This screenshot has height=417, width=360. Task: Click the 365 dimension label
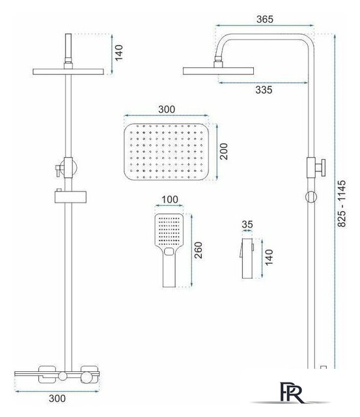pyautogui.click(x=264, y=19)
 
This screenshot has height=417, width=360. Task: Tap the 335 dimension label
pyautogui.click(x=264, y=90)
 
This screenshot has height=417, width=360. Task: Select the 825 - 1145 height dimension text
pyautogui.click(x=342, y=204)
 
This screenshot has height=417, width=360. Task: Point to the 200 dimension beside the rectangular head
pyautogui.click(x=224, y=151)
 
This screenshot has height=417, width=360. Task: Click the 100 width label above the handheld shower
pyautogui.click(x=170, y=199)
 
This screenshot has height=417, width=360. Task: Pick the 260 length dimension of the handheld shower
pyautogui.click(x=198, y=250)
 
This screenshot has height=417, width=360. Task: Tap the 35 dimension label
pyautogui.click(x=247, y=224)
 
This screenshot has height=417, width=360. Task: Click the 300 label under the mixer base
pyautogui.click(x=57, y=398)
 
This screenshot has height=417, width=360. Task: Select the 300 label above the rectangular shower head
pyautogui.click(x=167, y=109)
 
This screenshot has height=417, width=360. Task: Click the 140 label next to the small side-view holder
pyautogui.click(x=269, y=257)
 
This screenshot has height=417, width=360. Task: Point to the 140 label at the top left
pyautogui.click(x=118, y=53)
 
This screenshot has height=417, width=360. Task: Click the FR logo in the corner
pyautogui.click(x=291, y=393)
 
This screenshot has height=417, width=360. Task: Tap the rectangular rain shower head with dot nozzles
pyautogui.click(x=167, y=152)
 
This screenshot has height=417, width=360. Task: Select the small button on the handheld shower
pyautogui.click(x=169, y=251)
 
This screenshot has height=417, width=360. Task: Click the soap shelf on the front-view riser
pyautogui.click(x=71, y=197)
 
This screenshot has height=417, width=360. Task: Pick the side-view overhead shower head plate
pyautogui.click(x=218, y=71)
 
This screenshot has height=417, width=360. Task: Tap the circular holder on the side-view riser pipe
pyautogui.click(x=311, y=197)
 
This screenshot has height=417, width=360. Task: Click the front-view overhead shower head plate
pyautogui.click(x=68, y=72)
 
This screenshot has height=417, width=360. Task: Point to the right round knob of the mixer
pyautogui.click(x=87, y=377)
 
